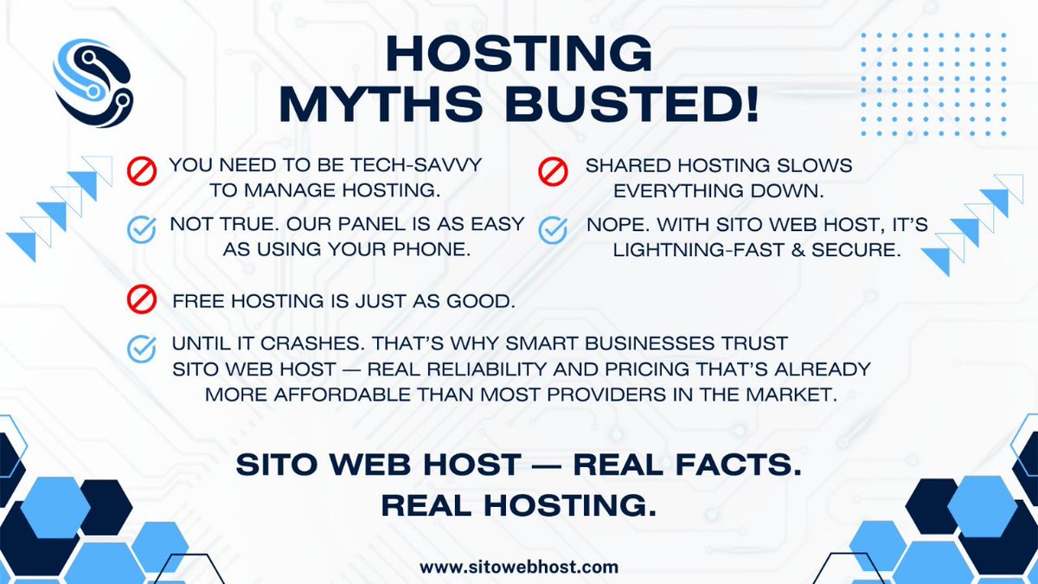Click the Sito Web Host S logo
pos(90,80)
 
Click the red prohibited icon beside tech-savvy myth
pos(141,170)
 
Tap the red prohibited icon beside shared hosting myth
pos(553,170)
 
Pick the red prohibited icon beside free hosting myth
pos(141,300)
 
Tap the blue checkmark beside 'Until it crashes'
pos(141,348)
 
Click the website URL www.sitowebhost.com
pos(519,568)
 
